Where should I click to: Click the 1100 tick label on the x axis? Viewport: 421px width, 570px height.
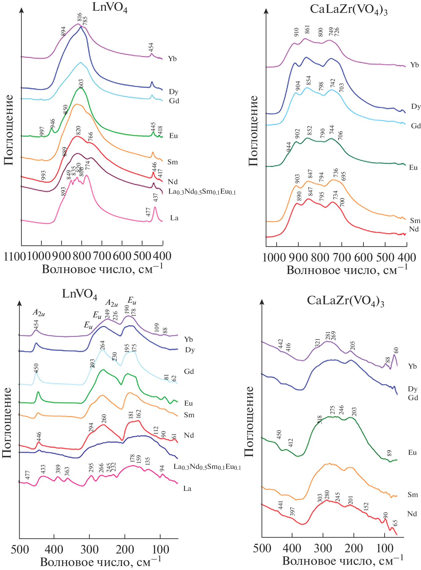coord(14,256)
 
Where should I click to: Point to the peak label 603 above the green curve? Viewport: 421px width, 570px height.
coord(81,83)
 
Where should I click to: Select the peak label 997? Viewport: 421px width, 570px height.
coord(42,131)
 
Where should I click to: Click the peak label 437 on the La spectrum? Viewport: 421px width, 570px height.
coord(156,197)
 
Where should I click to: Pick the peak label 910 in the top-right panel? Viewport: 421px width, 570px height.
coord(296,32)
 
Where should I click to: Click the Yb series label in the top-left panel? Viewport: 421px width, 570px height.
coord(172,59)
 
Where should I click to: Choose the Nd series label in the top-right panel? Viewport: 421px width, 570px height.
coord(414,229)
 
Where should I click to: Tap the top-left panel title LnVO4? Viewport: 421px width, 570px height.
coord(110,7)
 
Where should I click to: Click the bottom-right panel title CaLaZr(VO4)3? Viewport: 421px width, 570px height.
coord(346,301)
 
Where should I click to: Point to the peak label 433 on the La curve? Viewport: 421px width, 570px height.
coord(43,469)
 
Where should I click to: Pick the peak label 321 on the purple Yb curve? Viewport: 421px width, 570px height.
coord(317,343)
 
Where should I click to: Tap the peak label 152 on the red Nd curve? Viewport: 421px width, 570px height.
coord(366,506)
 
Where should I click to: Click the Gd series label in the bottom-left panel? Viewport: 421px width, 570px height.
coord(189,371)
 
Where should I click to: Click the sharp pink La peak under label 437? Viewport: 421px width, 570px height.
coord(155,208)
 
